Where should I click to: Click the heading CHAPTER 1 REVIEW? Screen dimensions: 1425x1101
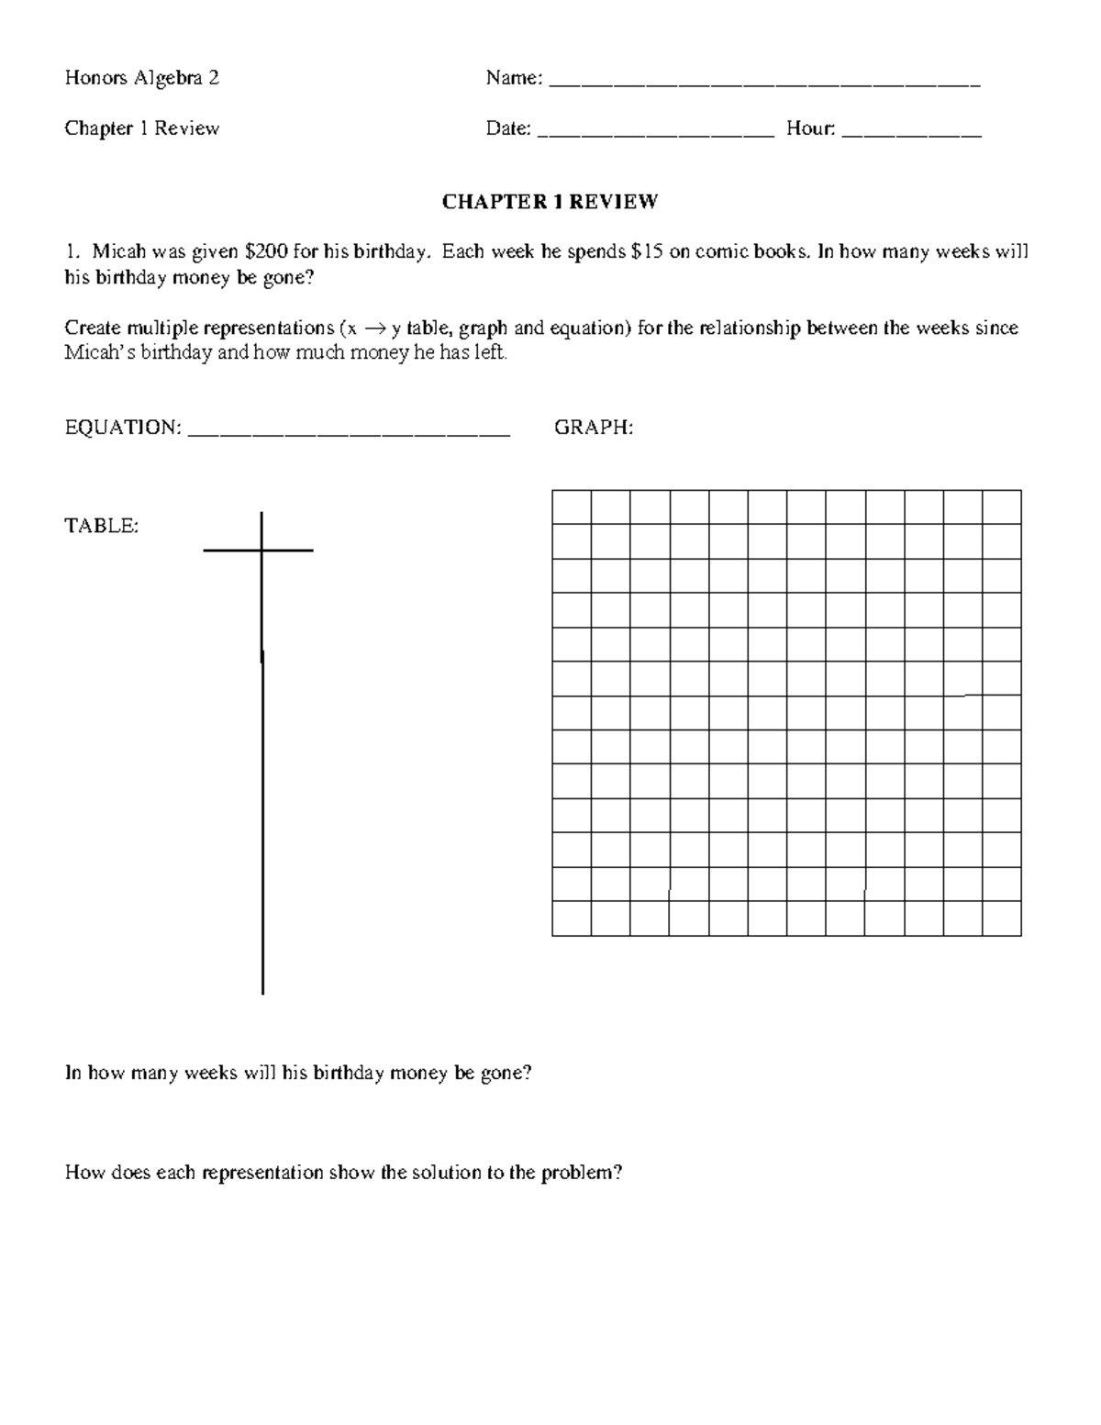[550, 202]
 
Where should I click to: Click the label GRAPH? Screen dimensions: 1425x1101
[594, 428]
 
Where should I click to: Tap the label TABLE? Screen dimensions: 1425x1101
[101, 526]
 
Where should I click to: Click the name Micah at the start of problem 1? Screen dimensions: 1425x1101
[119, 252]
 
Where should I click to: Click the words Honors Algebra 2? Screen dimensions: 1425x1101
[142, 78]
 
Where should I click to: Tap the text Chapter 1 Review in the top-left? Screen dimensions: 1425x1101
[142, 128]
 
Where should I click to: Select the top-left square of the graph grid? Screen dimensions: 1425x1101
[572, 507]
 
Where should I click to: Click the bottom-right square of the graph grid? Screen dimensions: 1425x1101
[1002, 918]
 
